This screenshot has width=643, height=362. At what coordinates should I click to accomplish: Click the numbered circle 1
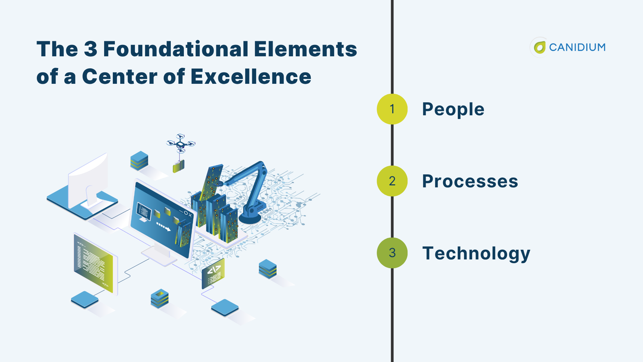click(392, 109)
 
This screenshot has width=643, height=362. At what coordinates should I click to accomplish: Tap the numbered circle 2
click(392, 181)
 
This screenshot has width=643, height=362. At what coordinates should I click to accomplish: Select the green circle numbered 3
click(392, 253)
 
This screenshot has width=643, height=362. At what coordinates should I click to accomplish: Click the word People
click(453, 109)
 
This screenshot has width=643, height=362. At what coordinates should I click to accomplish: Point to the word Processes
click(470, 181)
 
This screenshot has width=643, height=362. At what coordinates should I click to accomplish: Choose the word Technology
click(476, 253)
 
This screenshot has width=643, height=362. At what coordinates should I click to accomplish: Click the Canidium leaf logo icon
click(540, 47)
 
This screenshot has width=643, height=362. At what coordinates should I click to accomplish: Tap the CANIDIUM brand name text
click(577, 47)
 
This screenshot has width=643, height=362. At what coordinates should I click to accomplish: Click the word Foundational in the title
click(175, 49)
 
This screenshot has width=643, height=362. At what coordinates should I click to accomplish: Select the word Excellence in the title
click(251, 76)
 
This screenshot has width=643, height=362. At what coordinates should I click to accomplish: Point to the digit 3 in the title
click(90, 49)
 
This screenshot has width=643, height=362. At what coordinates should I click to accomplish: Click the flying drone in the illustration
click(181, 143)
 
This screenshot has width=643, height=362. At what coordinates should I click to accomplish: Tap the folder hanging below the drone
click(178, 166)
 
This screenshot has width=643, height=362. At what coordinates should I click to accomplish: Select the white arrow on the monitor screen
click(164, 227)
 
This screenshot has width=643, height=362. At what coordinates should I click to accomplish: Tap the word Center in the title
click(120, 76)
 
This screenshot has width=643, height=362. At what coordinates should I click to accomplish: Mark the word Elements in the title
click(305, 49)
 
